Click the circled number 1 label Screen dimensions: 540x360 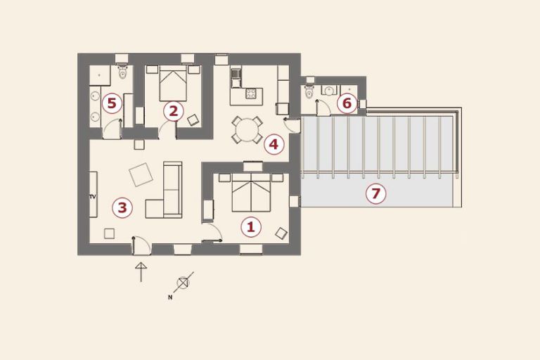tap(251, 227)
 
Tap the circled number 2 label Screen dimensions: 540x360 tap(173, 111)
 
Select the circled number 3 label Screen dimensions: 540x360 tap(122, 207)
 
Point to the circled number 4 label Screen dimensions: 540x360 tap(274, 144)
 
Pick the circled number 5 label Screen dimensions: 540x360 tap(112, 103)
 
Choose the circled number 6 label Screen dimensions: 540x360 tap(347, 103)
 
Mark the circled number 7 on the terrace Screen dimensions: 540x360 tap(375, 193)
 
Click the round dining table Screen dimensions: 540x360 tap(247, 130)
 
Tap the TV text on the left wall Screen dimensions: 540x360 tap(92, 197)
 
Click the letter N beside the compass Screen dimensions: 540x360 tap(169, 297)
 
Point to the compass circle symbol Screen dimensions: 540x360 tap(183, 283)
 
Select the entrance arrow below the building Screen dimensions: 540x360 tap(141, 272)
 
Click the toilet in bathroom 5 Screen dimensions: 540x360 tap(122, 71)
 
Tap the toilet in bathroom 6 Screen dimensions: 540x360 tap(309, 91)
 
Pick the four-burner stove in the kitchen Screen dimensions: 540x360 tap(251, 94)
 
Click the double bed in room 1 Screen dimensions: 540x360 tap(251, 193)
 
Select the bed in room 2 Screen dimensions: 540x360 tap(173, 83)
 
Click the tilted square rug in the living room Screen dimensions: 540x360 tap(141, 174)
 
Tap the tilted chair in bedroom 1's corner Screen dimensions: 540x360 tap(281, 233)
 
